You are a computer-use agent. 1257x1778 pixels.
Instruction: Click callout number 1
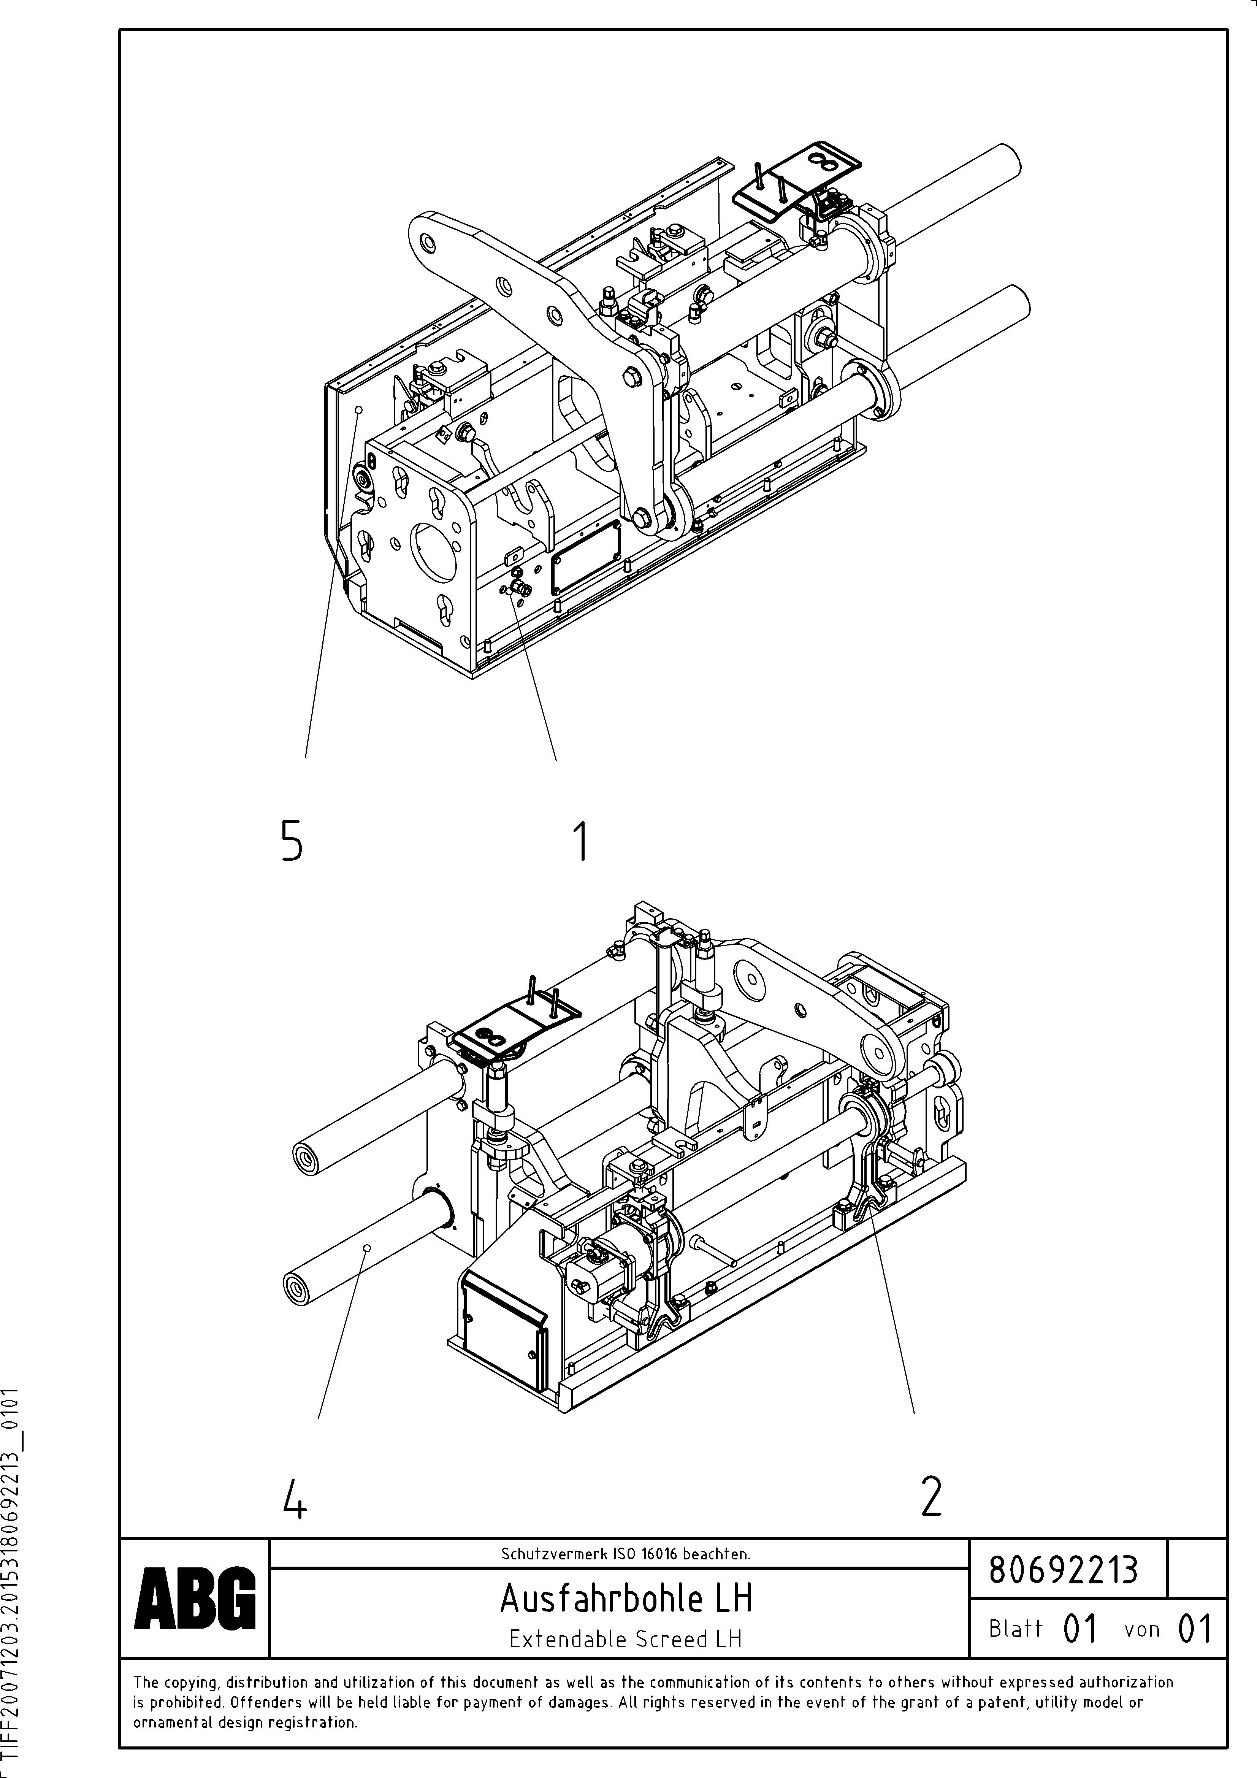point(580,842)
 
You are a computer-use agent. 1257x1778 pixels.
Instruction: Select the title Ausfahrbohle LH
point(626,1598)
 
